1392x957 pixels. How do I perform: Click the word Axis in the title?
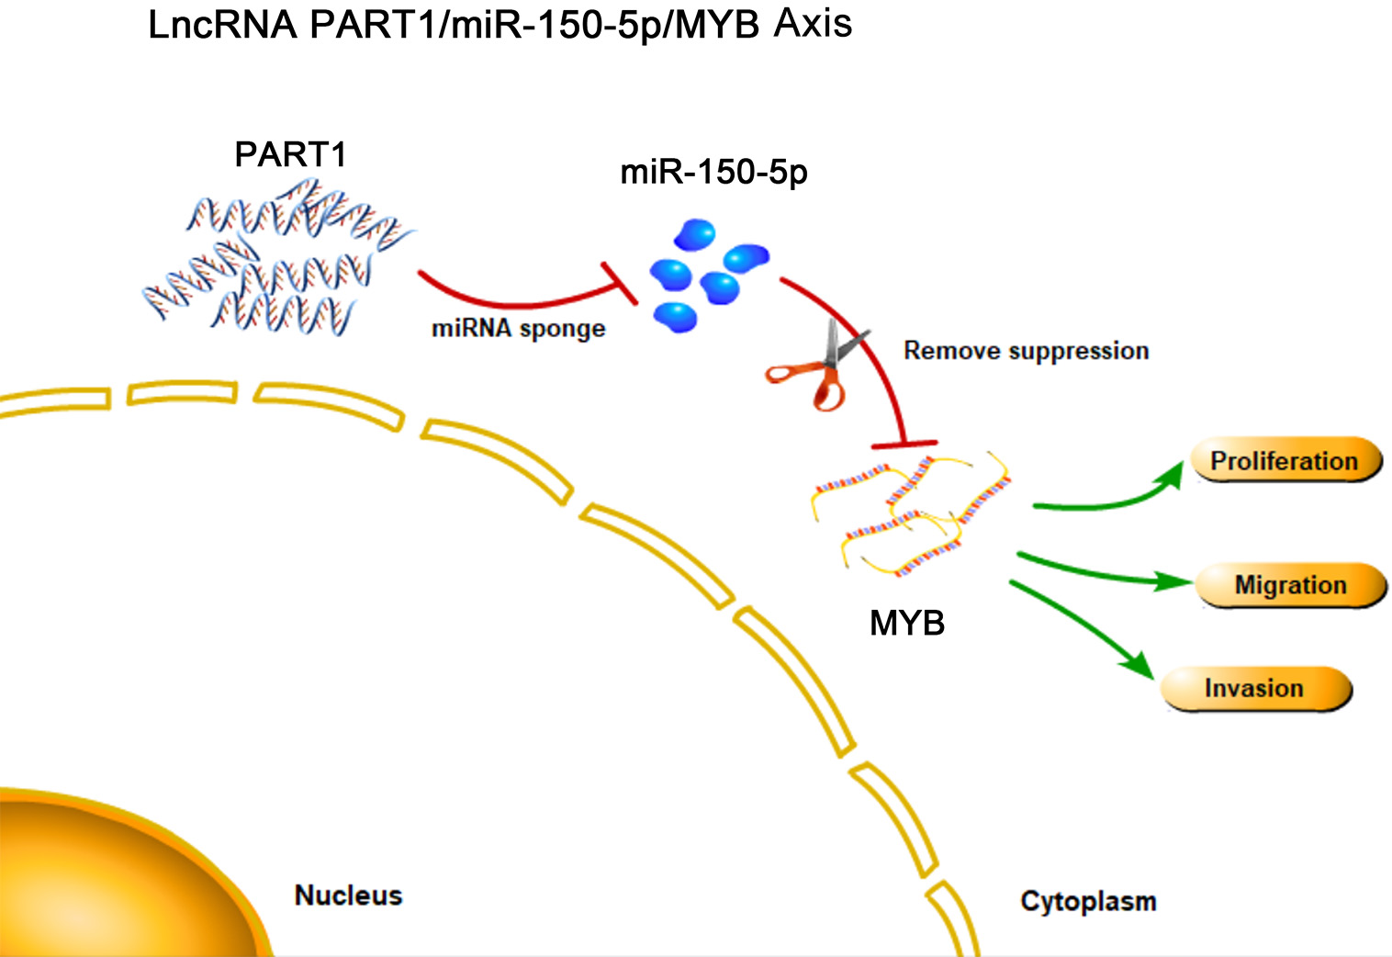(x=813, y=22)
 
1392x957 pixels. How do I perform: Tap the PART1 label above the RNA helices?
(x=290, y=154)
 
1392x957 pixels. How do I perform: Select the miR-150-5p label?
(x=713, y=172)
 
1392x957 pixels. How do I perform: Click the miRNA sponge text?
(x=518, y=329)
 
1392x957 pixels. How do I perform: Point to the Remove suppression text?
(x=1026, y=351)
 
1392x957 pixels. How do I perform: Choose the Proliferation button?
(x=1285, y=460)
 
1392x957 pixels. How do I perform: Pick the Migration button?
(x=1290, y=585)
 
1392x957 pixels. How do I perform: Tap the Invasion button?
(x=1255, y=689)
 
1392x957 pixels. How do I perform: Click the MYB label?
(x=906, y=624)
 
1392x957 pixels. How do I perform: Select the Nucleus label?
(x=348, y=895)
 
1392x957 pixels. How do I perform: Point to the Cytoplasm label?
(x=1088, y=901)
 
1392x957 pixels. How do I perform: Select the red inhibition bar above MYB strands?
(x=904, y=445)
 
